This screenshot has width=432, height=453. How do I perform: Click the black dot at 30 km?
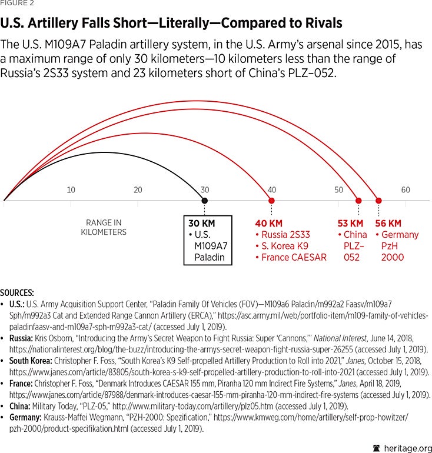point(204,201)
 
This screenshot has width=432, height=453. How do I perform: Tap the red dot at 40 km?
point(271,201)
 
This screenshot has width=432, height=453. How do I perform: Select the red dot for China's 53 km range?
point(358,201)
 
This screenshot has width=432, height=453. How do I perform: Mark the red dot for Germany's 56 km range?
point(378,201)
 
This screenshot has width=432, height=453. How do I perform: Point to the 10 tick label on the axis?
point(71,189)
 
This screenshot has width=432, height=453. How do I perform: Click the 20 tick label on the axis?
point(138,189)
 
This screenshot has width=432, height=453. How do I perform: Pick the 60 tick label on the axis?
point(406,189)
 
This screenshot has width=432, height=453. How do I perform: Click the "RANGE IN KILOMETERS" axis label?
point(104,227)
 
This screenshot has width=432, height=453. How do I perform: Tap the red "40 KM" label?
point(268,224)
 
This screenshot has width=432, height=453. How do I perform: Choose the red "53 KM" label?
point(350,224)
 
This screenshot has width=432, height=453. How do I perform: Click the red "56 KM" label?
point(388,224)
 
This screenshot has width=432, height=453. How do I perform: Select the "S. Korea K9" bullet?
point(286,246)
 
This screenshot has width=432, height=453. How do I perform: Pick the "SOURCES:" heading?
point(17,292)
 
